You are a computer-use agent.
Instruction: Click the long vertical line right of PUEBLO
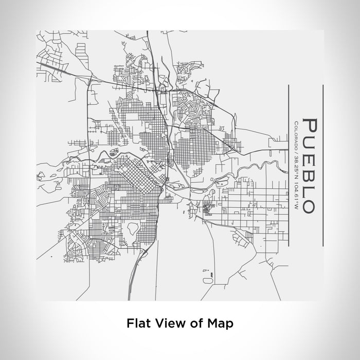click(322, 165)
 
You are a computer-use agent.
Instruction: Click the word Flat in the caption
click(137, 323)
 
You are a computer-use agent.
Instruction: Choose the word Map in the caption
click(219, 323)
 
